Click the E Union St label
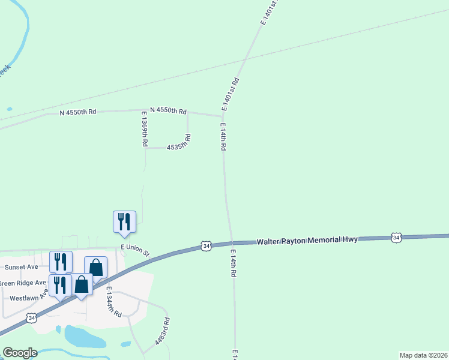136,248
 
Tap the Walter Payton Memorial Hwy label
307,240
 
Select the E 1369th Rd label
145,129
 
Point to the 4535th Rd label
179,146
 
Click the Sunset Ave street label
22,266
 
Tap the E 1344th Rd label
114,302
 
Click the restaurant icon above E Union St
124,221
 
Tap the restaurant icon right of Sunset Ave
61,262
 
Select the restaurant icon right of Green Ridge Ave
61,284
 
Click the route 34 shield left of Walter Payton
206,246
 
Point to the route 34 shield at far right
396,238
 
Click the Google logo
20,353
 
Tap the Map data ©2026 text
424,355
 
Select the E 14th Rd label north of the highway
222,139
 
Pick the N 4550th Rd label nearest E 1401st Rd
168,110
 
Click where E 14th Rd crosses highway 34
231,243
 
